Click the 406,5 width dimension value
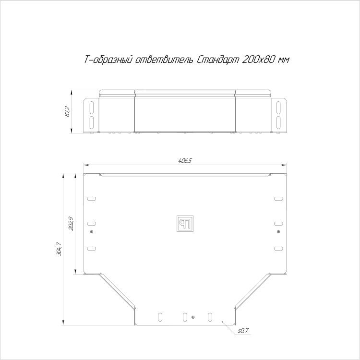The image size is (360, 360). click(185, 161)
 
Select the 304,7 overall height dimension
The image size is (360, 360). click(59, 249)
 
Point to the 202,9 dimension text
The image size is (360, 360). click(71, 223)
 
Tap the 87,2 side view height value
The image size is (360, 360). click(68, 112)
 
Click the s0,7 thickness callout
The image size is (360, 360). click(243, 331)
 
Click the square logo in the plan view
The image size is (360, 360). click(185, 224)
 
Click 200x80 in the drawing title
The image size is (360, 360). click(257, 60)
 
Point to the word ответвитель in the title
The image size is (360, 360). click(164, 60)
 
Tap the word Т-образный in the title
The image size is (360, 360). click(108, 60)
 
